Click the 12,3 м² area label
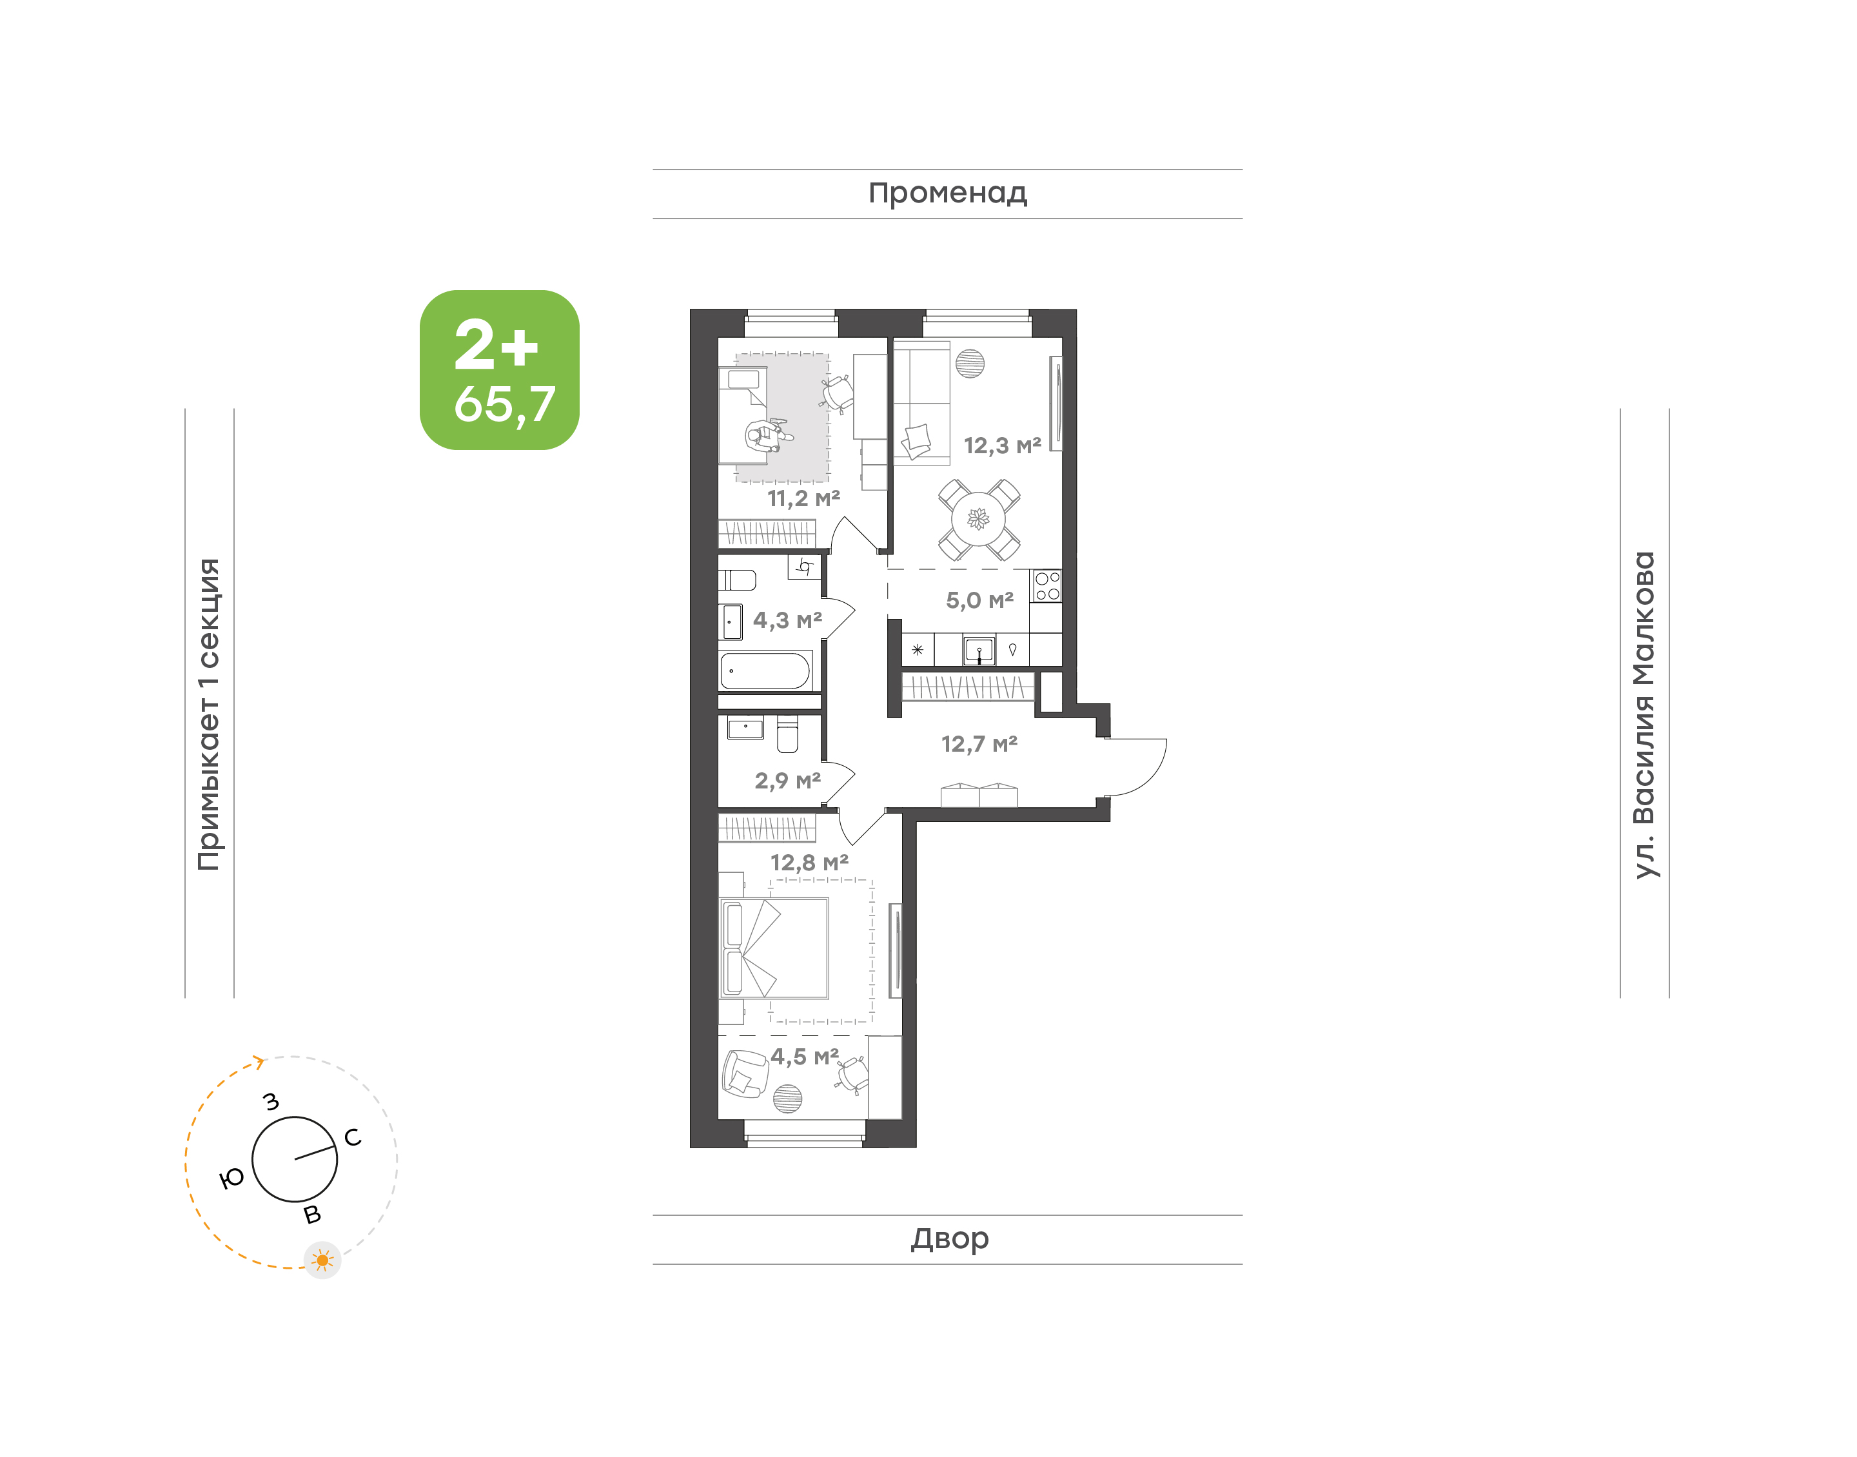[x=1002, y=445]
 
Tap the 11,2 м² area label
[x=803, y=498]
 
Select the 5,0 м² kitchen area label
[x=979, y=601]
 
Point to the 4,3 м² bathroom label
[x=787, y=620]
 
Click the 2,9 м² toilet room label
[x=787, y=781]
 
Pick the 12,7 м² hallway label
[x=979, y=744]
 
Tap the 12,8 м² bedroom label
[x=809, y=863]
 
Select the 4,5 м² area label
[x=805, y=1056]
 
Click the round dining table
[x=978, y=518]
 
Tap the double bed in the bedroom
[x=774, y=948]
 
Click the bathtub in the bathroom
[x=766, y=670]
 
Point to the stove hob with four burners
[x=1046, y=586]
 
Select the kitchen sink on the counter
[x=979, y=650]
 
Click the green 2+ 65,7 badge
[x=499, y=370]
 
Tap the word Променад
[x=948, y=193]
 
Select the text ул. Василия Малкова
[x=1644, y=715]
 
